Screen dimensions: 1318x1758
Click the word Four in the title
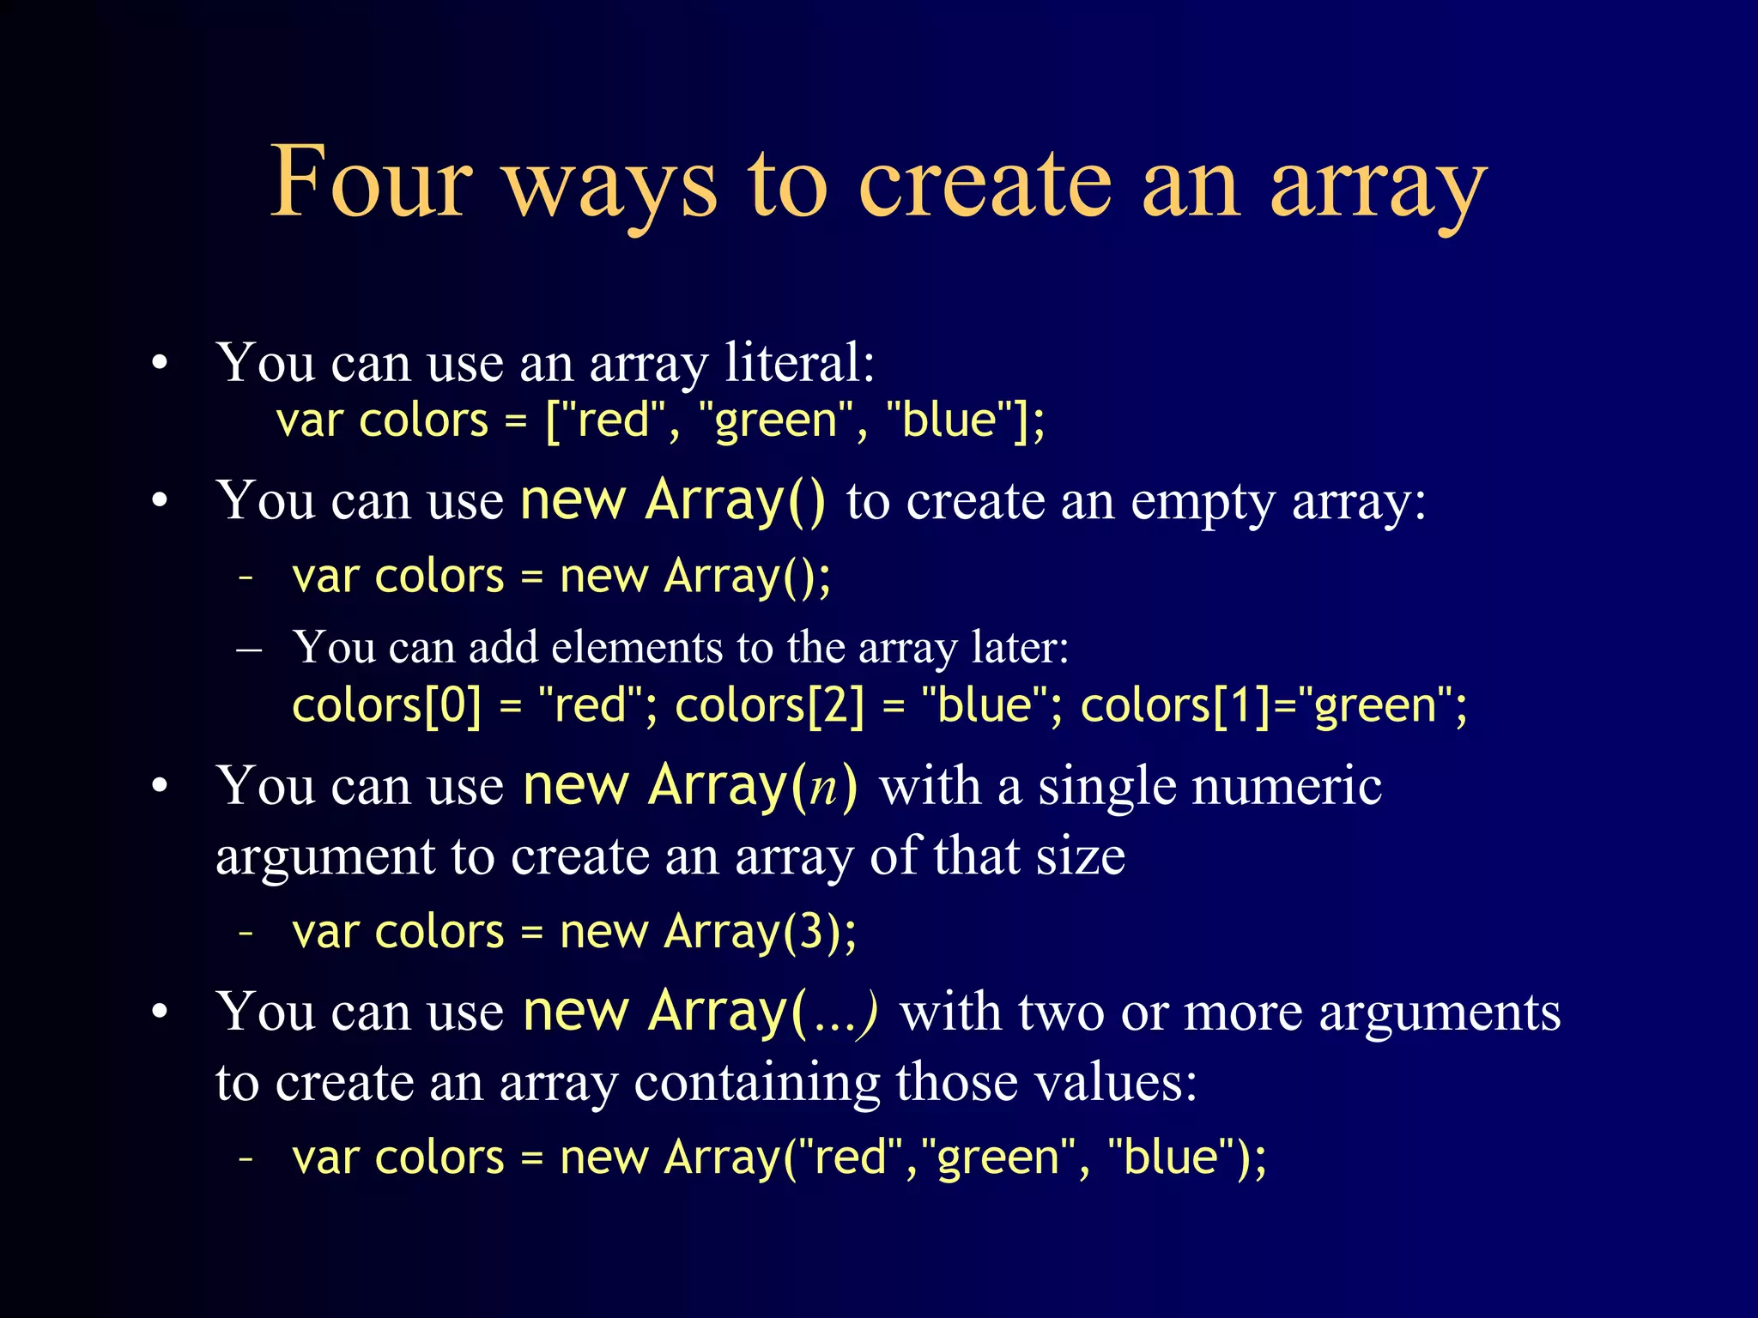pos(371,182)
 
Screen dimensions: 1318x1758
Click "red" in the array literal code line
pos(612,420)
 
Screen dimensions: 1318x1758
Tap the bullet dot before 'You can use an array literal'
pos(160,364)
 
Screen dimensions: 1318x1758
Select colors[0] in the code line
pos(386,705)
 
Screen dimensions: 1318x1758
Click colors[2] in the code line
pos(769,705)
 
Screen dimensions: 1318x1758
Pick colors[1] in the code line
pos(1174,705)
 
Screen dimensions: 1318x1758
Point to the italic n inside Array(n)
pos(823,786)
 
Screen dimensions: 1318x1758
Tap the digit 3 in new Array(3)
pos(813,932)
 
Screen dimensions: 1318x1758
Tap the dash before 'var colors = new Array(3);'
pos(246,932)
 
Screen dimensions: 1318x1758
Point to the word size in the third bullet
pos(1080,856)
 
